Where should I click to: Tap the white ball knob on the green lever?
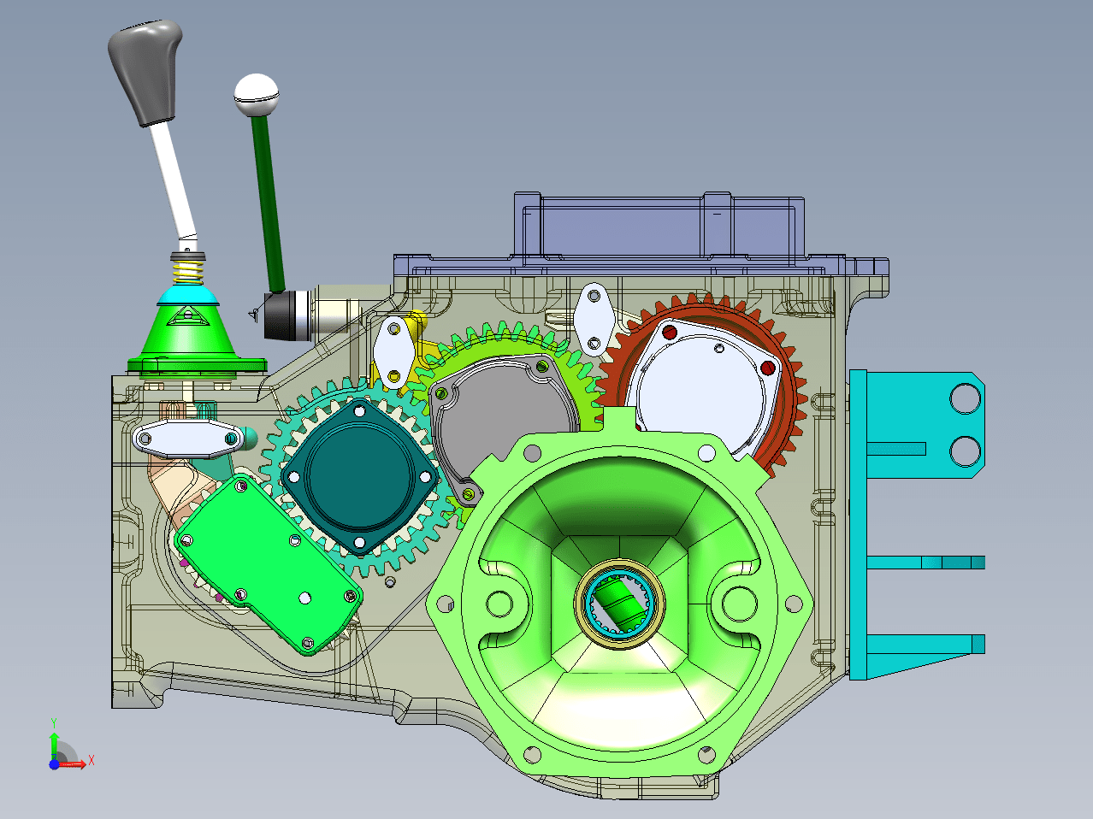pos(257,95)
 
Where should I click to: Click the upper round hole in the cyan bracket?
pos(965,398)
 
